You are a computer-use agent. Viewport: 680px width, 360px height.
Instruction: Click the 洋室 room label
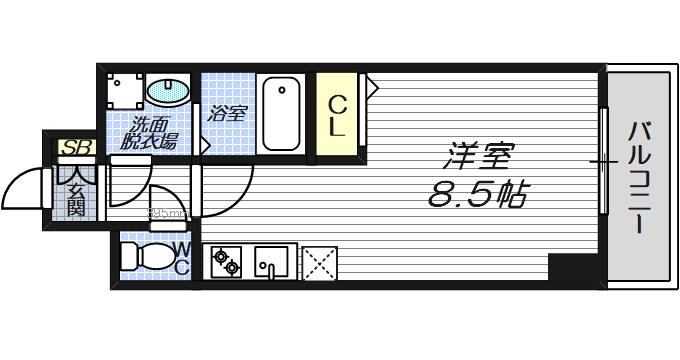pos(479,158)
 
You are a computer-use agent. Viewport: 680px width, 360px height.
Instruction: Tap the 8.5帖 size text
pos(478,192)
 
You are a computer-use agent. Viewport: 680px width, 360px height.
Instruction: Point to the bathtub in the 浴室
pos(281,114)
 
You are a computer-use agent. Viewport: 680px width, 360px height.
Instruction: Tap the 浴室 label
pos(226,114)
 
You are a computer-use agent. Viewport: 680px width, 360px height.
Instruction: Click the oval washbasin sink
pos(169,92)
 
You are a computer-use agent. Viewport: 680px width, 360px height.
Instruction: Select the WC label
pos(182,257)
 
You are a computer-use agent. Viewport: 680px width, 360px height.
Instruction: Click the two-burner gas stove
pos(226,263)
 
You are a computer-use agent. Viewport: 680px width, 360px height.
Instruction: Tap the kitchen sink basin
pos(271,262)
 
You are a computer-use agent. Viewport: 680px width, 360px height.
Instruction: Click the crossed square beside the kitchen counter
pos(318,262)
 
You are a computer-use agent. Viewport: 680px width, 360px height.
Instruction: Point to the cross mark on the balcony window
pos(603,161)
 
